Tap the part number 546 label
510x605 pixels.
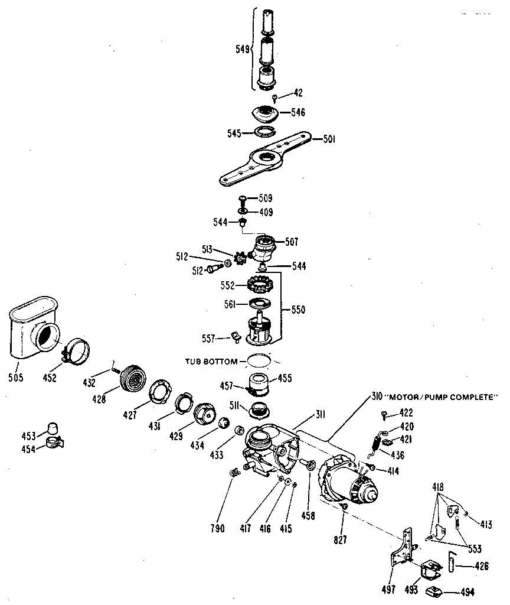[x=298, y=112]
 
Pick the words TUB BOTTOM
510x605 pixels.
[x=211, y=361]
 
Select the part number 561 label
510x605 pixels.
[x=237, y=304]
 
